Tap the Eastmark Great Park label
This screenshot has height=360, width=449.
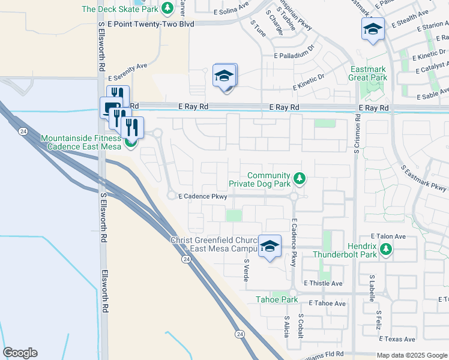[368, 73]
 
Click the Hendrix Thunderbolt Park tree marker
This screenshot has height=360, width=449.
[388, 250]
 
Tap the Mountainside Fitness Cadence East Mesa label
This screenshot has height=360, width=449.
[82, 143]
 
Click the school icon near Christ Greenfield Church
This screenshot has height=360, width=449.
[270, 246]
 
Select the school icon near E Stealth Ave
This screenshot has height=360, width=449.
[372, 28]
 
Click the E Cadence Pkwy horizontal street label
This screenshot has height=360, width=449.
[202, 196]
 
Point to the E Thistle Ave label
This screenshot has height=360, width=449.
[323, 283]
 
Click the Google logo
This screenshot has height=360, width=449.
[20, 353]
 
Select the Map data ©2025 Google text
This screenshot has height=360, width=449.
[412, 355]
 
